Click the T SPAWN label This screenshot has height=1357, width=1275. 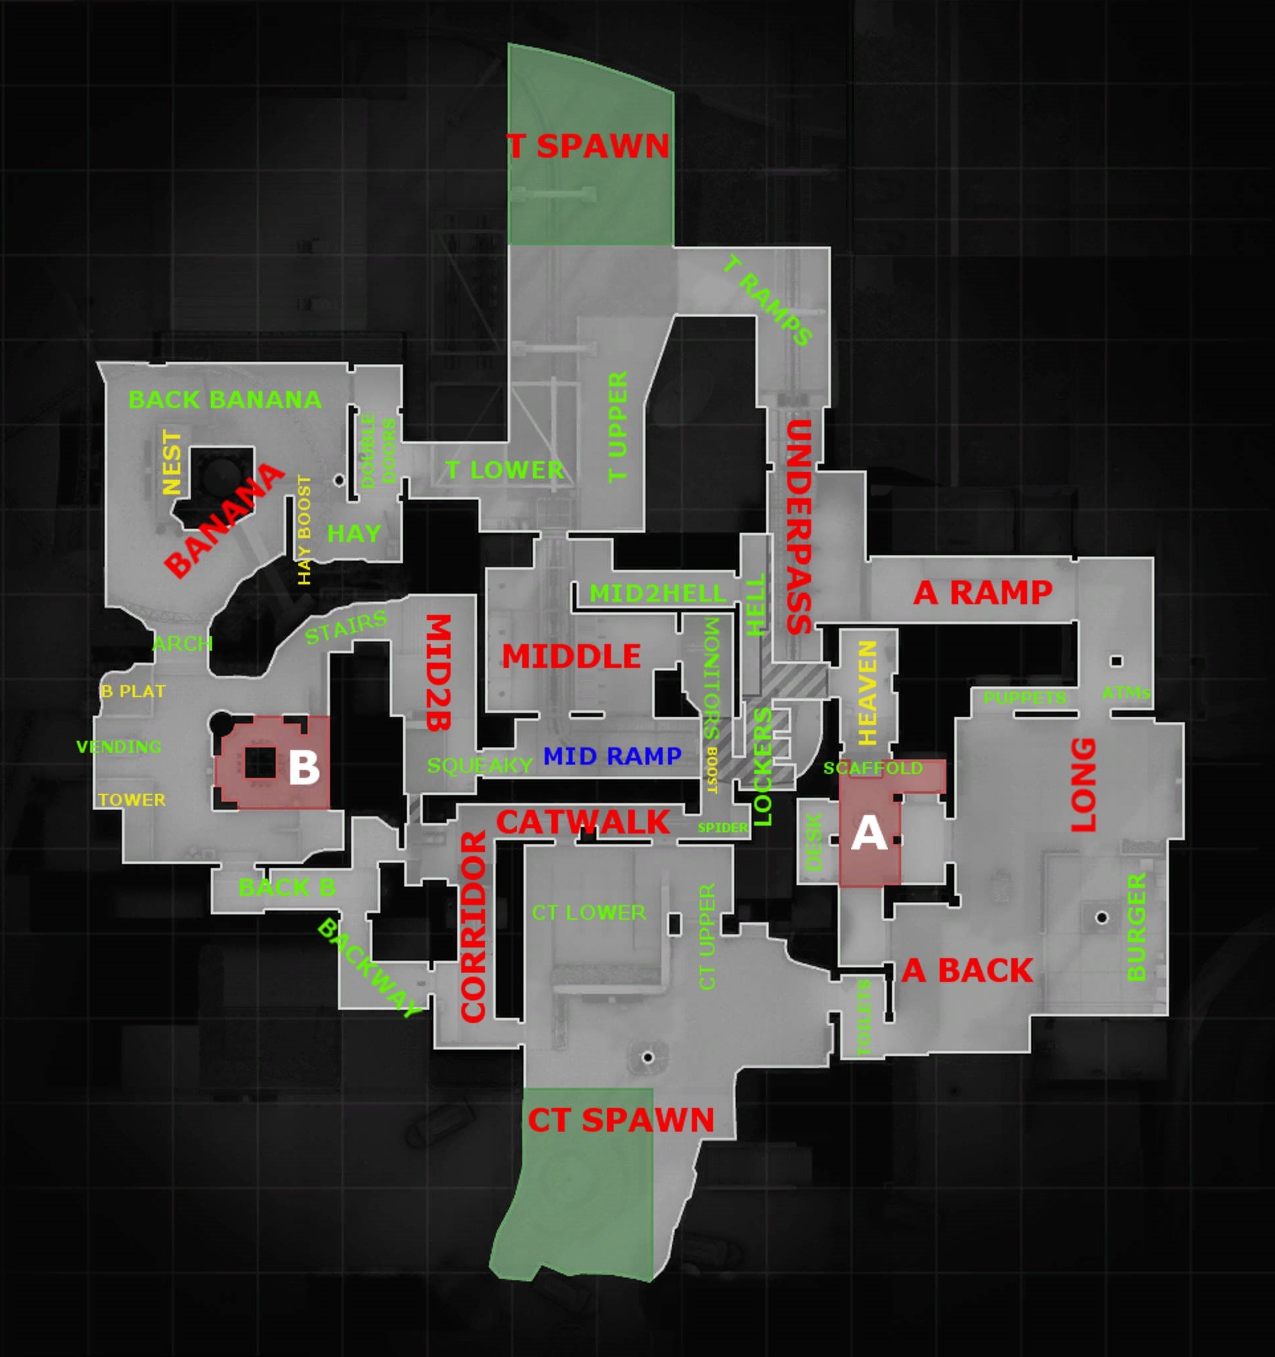(x=588, y=146)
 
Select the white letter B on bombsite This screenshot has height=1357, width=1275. (x=304, y=767)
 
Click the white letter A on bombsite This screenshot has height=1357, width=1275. (x=869, y=834)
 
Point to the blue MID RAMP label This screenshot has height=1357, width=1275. (x=612, y=755)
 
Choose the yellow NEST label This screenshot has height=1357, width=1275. (x=172, y=462)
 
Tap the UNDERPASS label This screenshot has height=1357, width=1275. (x=799, y=526)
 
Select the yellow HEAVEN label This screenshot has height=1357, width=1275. (x=867, y=692)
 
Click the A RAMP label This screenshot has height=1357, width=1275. (x=982, y=592)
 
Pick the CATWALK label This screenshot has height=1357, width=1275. (x=583, y=822)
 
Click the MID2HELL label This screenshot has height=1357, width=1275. (x=658, y=593)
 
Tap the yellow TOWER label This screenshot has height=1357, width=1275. (x=132, y=799)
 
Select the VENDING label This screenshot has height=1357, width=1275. (x=119, y=746)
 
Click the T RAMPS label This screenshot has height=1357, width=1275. (x=768, y=300)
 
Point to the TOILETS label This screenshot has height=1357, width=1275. (x=863, y=1017)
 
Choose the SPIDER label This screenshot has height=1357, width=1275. (x=722, y=828)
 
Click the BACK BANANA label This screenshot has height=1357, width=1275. (x=225, y=400)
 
